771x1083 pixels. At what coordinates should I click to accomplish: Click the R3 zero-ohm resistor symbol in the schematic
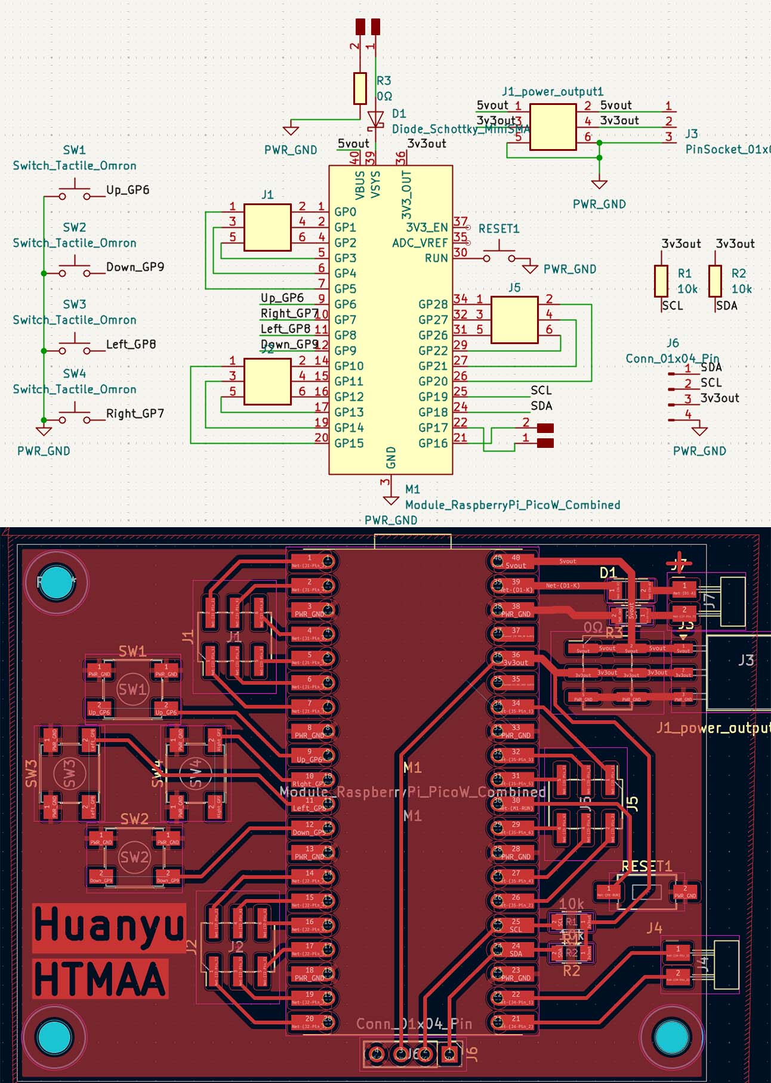tap(360, 88)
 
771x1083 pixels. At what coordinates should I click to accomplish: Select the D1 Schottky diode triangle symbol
tap(375, 119)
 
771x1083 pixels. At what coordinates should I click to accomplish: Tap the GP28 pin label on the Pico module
tap(433, 304)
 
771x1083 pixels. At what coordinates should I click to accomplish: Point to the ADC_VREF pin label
tap(420, 243)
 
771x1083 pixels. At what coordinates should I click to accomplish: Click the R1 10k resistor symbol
tap(661, 281)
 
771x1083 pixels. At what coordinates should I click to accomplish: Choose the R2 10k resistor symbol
tap(715, 281)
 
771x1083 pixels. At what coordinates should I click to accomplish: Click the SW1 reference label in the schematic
tap(75, 150)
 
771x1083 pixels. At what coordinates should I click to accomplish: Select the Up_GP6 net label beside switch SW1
tap(128, 190)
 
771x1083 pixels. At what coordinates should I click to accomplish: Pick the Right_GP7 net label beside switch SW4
tap(135, 413)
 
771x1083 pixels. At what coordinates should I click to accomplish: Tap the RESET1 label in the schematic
tap(499, 229)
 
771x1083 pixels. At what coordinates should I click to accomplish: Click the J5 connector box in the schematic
tap(514, 320)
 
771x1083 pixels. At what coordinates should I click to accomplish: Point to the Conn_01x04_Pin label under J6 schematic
tap(672, 358)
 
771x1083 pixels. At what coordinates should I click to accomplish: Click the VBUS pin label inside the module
tap(360, 185)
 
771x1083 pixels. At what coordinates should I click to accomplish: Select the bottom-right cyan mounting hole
tap(673, 1037)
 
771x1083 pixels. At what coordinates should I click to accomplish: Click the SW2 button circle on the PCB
tap(134, 858)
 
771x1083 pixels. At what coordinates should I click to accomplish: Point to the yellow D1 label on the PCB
tap(607, 573)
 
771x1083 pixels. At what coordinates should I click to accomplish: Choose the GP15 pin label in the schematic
tap(349, 443)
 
